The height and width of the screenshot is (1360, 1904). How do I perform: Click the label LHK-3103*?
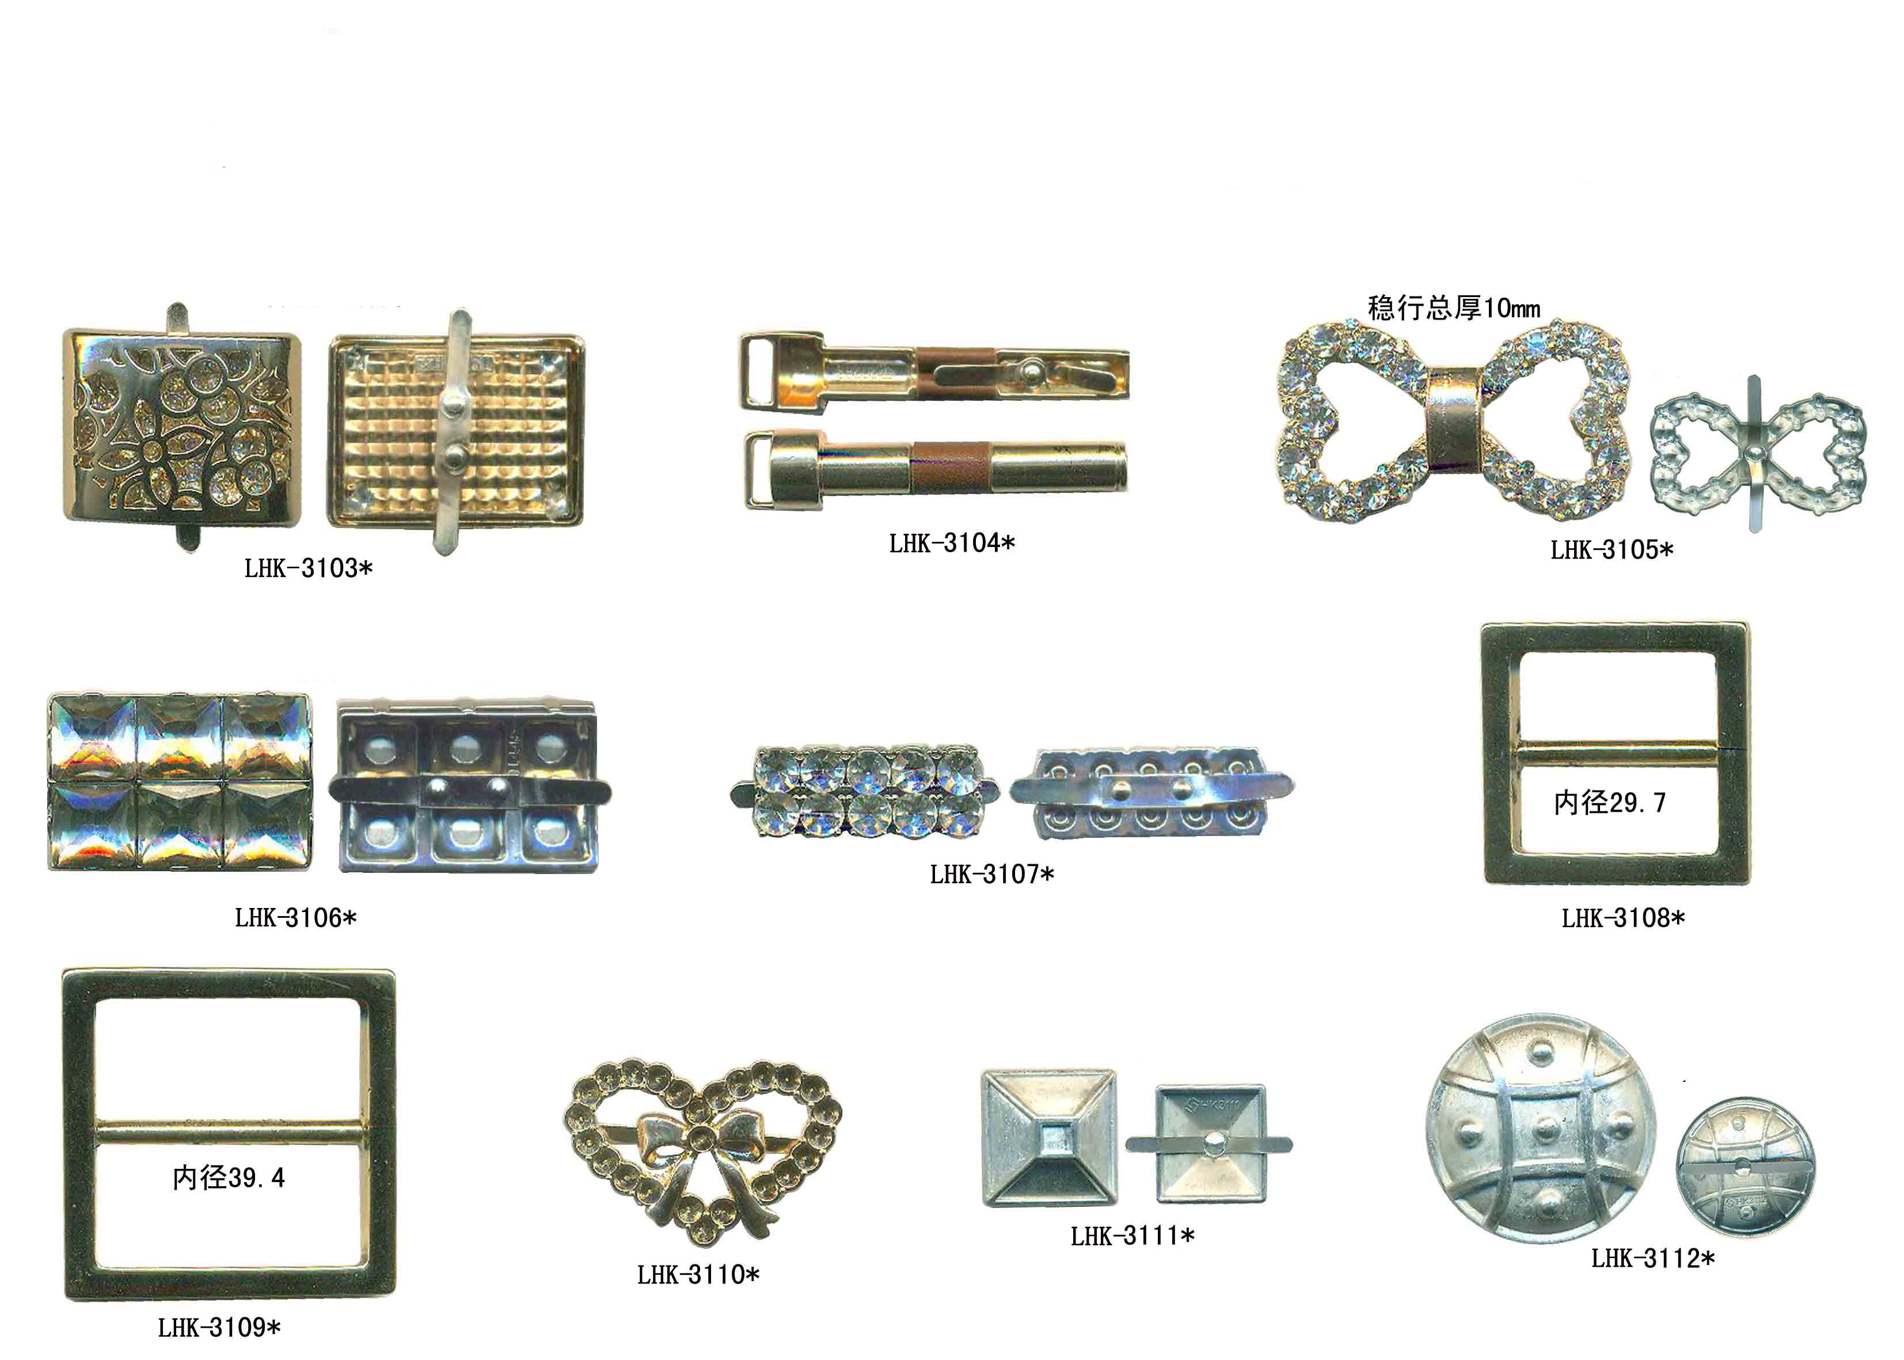click(x=308, y=569)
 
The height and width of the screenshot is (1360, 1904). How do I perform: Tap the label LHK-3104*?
click(x=952, y=544)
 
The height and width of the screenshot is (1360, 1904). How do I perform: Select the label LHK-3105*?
click(x=1612, y=550)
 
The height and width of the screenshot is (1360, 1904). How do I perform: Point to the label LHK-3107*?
click(x=992, y=874)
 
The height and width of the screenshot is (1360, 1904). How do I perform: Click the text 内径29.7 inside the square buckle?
click(x=1609, y=803)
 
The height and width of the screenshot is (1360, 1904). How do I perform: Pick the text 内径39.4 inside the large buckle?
click(x=229, y=1178)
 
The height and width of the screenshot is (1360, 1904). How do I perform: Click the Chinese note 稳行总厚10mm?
click(x=1454, y=308)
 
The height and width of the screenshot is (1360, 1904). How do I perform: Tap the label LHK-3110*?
click(x=698, y=1275)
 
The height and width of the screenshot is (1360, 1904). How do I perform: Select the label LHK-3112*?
click(x=1653, y=1258)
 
